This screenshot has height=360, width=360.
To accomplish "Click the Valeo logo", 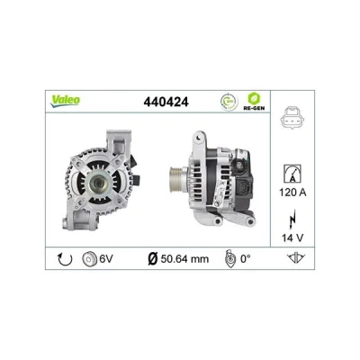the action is click(65, 101).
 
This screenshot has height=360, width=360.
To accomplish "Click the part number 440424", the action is click(166, 102).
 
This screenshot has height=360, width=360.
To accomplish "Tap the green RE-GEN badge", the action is click(254, 101).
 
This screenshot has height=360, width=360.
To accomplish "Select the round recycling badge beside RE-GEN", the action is click(229, 102).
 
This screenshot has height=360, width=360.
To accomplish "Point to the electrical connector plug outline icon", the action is click(292, 118).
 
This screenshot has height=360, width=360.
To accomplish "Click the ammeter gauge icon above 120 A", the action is click(292, 174).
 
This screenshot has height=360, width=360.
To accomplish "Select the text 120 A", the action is click(292, 193).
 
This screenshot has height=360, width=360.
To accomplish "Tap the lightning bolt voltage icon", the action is click(292, 220).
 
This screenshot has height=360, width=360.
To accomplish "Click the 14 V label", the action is click(292, 238).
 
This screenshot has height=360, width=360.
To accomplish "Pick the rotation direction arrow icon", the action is click(65, 259).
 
